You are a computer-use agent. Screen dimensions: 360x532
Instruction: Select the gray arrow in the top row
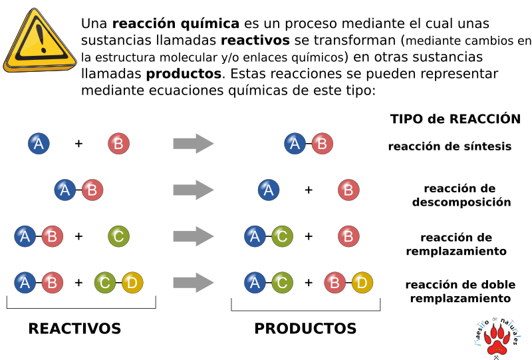coord(194,143)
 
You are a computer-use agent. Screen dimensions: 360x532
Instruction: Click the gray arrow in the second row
coord(194,190)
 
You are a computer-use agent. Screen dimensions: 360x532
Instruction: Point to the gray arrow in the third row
coord(194,236)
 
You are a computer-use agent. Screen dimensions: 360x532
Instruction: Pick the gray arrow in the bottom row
coord(194,283)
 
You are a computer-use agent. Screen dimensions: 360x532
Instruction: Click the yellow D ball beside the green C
coord(132,283)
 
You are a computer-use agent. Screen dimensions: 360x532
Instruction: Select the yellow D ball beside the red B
coord(362,283)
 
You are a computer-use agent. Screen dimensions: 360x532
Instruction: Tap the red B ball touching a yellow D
coord(335,283)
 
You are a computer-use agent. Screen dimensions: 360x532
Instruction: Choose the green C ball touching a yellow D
coord(105,283)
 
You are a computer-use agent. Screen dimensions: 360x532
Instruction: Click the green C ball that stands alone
coord(119,236)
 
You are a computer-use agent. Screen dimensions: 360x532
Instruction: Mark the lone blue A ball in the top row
coord(39,143)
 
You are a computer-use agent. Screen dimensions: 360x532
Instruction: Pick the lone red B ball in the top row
coord(119,143)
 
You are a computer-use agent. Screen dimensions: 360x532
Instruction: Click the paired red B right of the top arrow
coord(323,143)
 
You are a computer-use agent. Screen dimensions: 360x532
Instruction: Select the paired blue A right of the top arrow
coord(295,143)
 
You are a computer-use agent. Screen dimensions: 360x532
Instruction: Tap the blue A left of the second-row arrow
coord(65,190)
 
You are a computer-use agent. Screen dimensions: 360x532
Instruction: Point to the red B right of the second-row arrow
coord(349,190)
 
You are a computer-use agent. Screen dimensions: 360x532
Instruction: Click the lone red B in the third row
coord(349,236)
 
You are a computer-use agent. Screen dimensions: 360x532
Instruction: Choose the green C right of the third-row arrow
coord(282,236)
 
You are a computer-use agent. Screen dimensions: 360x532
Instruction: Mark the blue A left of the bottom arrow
coord(25,283)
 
